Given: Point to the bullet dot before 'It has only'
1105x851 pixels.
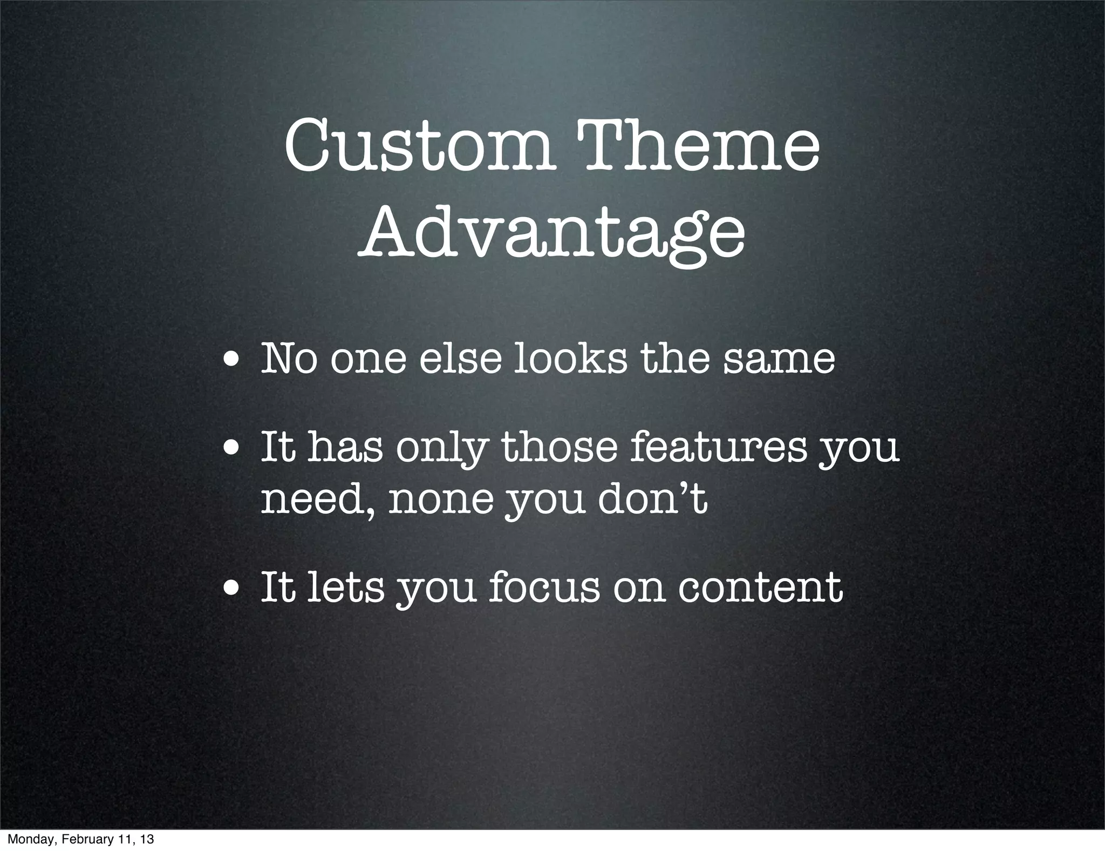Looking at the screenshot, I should click(233, 451).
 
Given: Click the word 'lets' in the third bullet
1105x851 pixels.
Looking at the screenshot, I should click(345, 587).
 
